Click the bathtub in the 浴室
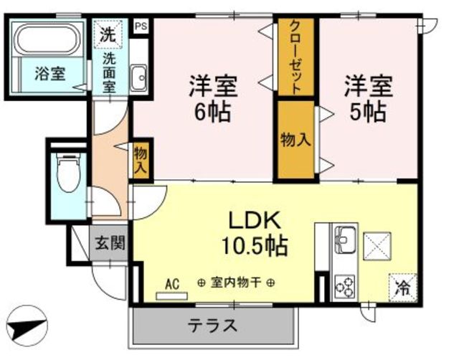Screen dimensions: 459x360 click(48, 39)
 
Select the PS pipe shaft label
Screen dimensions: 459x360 click(141, 26)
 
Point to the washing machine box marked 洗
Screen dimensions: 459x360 click(108, 34)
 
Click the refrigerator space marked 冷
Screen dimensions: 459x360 click(403, 288)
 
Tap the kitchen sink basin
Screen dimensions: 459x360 click(345, 240)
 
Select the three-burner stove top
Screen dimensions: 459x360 click(344, 287)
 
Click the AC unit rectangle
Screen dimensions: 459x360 click(171, 296)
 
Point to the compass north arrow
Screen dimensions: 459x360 click(27, 326)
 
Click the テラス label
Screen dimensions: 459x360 click(212, 326)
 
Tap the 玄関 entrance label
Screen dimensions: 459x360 click(110, 242)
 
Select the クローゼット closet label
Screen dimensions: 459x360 click(295, 57)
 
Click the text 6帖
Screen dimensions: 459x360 click(212, 112)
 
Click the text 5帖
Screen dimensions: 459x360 click(368, 112)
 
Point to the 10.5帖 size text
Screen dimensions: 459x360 click(255, 245)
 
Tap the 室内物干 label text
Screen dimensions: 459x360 click(236, 283)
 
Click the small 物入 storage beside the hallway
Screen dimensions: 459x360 click(141, 160)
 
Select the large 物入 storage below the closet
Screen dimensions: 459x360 click(295, 140)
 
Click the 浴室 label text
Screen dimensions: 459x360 click(50, 73)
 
